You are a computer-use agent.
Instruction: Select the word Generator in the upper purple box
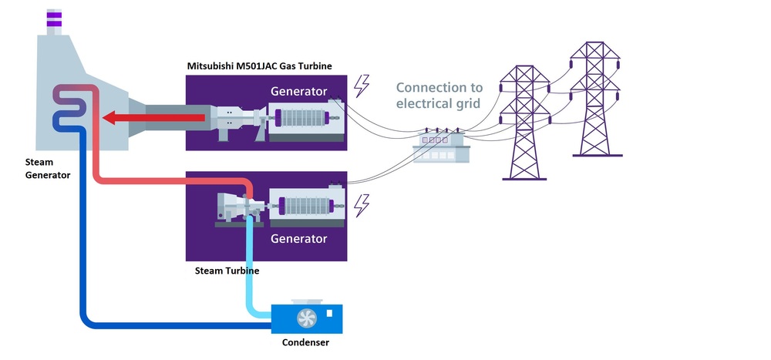pos(299,92)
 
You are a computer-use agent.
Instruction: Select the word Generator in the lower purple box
pos(299,239)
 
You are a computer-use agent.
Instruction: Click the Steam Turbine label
pos(225,271)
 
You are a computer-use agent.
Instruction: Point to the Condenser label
pos(308,341)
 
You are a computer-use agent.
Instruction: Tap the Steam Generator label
pos(47,169)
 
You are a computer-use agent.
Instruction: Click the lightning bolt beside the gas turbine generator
pos(361,86)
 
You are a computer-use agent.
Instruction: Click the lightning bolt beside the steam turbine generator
pos(361,205)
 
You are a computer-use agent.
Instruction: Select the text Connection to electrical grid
pos(439,96)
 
